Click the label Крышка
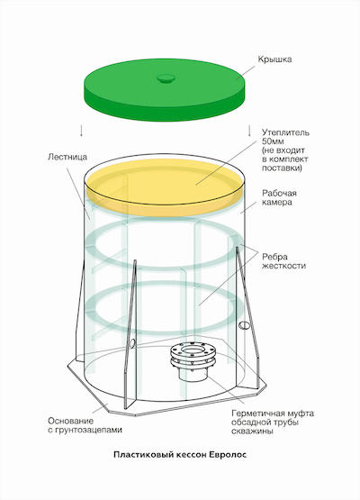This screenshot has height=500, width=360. point(274,59)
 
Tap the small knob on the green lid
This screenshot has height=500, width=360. point(166,78)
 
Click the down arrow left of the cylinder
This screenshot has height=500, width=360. point(82,131)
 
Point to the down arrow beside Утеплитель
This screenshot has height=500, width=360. point(249,131)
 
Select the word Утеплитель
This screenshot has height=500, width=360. point(285,132)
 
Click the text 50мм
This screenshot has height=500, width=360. point(273,141)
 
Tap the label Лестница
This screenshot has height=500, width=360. point(67,157)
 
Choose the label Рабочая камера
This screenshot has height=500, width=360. point(279,197)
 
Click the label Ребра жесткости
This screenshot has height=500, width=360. point(283,261)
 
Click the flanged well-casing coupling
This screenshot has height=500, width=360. point(193,361)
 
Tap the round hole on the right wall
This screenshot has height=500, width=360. point(245,325)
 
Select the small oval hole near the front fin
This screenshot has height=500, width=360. point(132,343)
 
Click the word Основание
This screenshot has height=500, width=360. point(71,421)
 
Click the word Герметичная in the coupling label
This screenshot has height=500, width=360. point(257,414)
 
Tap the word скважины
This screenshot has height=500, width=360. point(252,432)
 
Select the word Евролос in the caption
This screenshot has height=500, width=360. point(228,455)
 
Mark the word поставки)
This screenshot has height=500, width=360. point(282,168)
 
